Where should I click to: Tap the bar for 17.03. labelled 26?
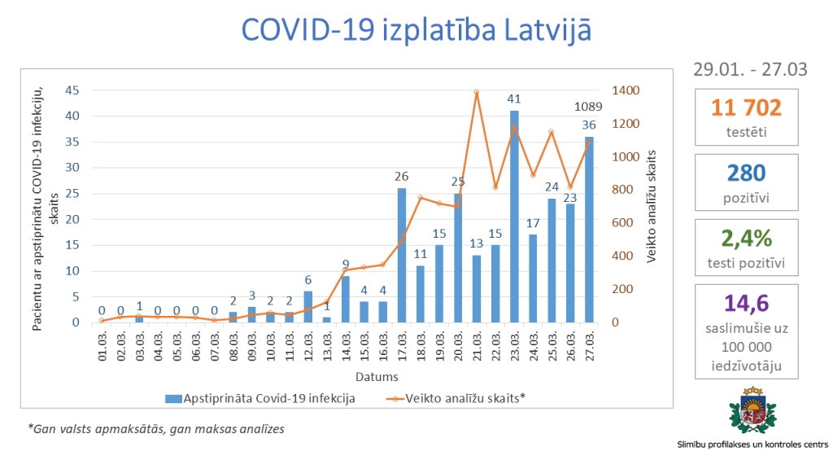pyautogui.click(x=401, y=255)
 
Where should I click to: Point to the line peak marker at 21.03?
pyautogui.click(x=477, y=93)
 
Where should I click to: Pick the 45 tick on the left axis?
pyautogui.click(x=73, y=90)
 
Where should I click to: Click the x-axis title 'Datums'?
pyautogui.click(x=376, y=377)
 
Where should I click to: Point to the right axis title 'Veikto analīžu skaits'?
pyautogui.click(x=651, y=205)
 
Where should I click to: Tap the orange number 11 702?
pyautogui.click(x=746, y=107)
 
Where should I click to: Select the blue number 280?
pyautogui.click(x=746, y=173)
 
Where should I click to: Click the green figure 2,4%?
pyautogui.click(x=746, y=238)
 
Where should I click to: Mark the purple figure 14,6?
pyautogui.click(x=746, y=304)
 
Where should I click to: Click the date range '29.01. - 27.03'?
pyautogui.click(x=750, y=69)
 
